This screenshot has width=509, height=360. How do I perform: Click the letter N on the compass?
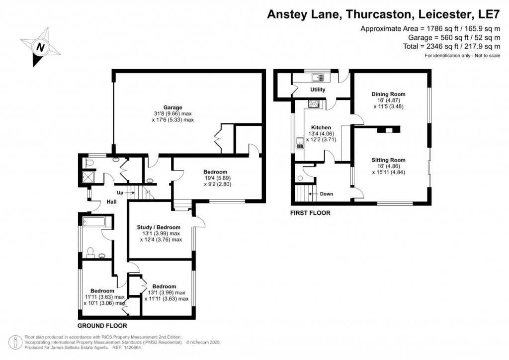40,48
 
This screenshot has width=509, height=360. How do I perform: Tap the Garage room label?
173,107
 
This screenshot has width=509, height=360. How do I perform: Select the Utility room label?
318,90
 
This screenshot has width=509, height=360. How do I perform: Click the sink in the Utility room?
317,77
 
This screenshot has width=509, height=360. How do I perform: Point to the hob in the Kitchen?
314,104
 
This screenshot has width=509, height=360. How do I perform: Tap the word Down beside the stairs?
327,194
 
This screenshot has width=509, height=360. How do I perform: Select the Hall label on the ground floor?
111,202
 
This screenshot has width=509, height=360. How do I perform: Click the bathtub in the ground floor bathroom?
96,221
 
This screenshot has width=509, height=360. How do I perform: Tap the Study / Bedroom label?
159,228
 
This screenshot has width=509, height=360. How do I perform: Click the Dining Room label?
389,94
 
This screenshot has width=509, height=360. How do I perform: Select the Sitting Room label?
389,160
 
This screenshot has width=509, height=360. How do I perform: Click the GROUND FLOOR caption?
102,326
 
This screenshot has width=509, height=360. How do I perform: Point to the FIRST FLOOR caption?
310,213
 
